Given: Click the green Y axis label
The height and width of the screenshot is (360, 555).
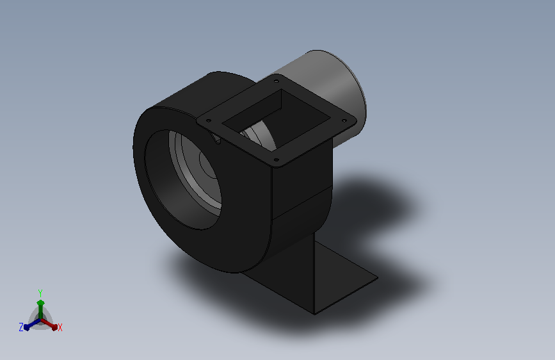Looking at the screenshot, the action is click(40, 293).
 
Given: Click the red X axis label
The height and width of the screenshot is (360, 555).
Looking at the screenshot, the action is click(60, 328).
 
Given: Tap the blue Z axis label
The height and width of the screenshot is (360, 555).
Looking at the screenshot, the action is click(21, 327).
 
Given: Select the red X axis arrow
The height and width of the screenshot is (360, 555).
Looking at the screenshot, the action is click(49, 324).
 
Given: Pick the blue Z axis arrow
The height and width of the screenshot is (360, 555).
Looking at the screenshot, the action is click(32, 324).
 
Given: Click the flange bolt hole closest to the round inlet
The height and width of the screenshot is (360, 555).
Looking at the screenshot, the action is click(209, 121).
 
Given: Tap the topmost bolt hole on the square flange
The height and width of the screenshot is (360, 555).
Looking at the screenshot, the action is click(276, 81).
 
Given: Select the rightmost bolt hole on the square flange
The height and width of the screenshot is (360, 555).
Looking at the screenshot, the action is click(344, 121).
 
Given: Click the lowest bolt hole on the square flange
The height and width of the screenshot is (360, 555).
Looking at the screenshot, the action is click(277, 160).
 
